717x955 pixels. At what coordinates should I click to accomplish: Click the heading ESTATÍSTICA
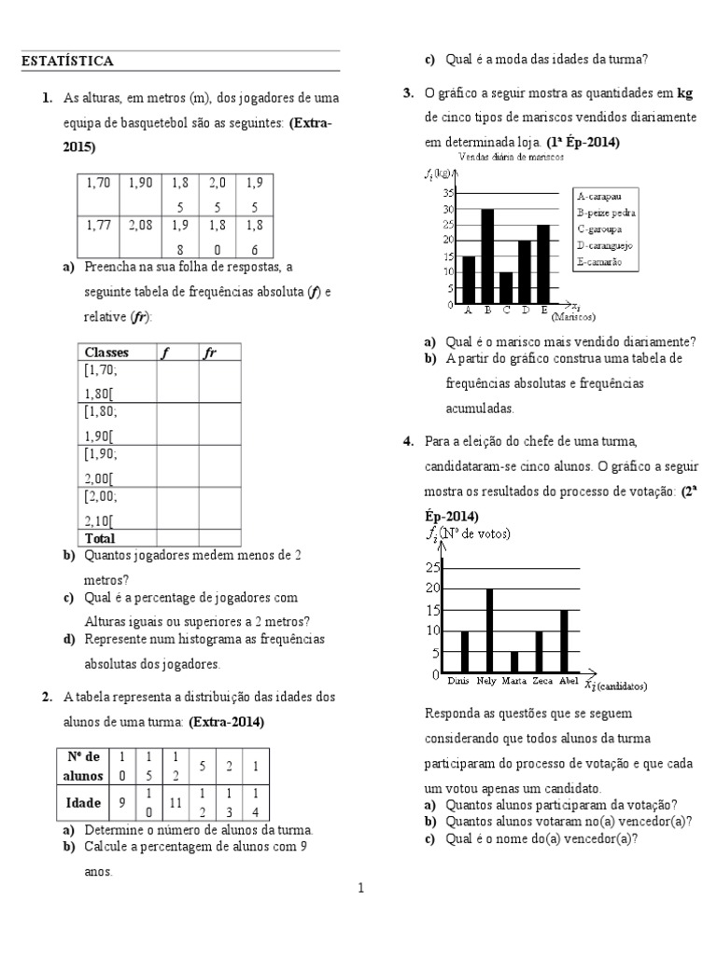click(67, 62)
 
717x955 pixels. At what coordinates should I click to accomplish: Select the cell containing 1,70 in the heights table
click(98, 184)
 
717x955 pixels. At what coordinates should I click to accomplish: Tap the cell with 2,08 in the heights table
click(139, 225)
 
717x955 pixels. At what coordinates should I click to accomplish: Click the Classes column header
click(106, 353)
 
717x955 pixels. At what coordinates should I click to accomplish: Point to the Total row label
click(100, 538)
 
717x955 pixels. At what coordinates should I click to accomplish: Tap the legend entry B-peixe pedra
click(608, 213)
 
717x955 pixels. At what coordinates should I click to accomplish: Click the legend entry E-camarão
click(600, 263)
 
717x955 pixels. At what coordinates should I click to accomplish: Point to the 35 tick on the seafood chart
click(448, 192)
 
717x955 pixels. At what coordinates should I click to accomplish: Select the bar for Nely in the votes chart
click(489, 630)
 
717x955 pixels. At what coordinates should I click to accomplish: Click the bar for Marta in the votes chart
click(514, 662)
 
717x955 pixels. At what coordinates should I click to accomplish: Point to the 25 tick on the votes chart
click(432, 567)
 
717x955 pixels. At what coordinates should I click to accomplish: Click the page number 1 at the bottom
click(361, 888)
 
